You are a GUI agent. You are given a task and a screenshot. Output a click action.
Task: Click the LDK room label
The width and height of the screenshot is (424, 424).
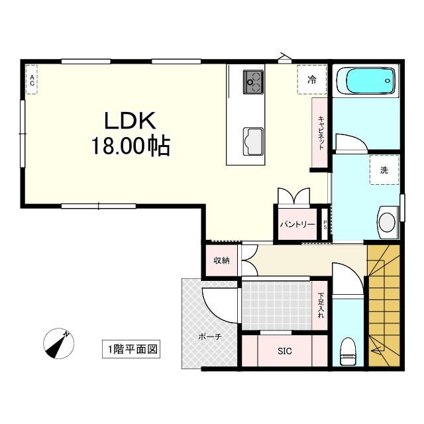pos(129,121)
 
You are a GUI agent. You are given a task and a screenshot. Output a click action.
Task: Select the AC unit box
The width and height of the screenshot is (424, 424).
pos(31,80)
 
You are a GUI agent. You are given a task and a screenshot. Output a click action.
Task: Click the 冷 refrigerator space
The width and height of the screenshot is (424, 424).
pos(311,80)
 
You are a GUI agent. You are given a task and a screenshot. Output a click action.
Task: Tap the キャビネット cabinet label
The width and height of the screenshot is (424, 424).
pos(321,133)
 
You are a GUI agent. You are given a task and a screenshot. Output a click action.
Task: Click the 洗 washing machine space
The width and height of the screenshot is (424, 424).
pos(384,170)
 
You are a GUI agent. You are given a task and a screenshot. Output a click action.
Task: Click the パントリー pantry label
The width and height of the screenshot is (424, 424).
pos(297,225)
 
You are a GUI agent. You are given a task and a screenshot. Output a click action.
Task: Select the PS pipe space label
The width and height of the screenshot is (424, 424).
pos(325,225)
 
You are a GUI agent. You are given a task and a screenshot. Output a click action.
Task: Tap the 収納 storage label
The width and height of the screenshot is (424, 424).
pos(221,260)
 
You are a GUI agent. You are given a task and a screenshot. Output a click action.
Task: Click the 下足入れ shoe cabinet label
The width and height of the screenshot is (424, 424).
pos(321,305)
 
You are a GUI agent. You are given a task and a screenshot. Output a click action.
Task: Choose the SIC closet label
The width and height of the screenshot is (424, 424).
pos(284,350)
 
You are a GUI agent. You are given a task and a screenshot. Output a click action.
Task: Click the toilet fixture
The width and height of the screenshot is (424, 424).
pos(347,350)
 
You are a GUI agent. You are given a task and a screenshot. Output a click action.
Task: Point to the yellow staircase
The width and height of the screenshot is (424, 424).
pos(384,305)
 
